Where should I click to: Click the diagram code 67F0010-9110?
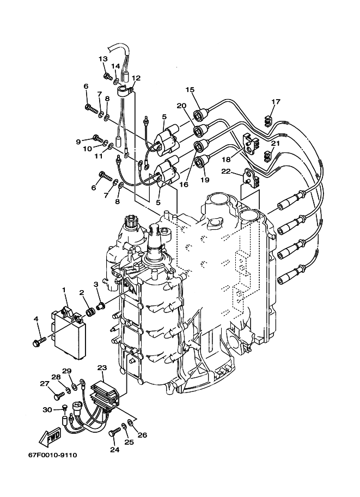click(53, 456)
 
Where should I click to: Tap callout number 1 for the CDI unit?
click(64, 290)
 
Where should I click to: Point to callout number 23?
click(102, 368)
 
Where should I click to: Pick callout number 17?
click(276, 102)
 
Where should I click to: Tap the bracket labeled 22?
click(251, 177)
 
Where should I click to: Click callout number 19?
click(205, 180)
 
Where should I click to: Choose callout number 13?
click(103, 59)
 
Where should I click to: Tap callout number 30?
click(47, 409)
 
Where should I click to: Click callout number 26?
click(142, 435)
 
